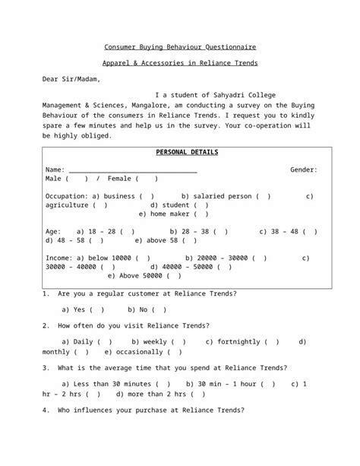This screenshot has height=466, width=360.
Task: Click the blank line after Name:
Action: point(133,170)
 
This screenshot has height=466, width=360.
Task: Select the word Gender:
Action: point(304,170)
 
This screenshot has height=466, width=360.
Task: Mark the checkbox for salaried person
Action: point(263,196)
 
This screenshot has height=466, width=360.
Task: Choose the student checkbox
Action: point(201,204)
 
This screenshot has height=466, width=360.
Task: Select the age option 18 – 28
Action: point(127,231)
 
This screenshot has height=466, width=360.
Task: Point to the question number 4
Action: point(46,411)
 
